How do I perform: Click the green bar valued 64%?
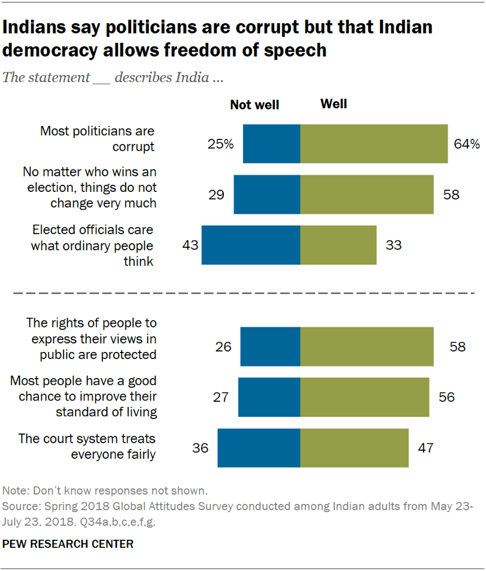[x=374, y=144]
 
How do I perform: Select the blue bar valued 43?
[x=251, y=245]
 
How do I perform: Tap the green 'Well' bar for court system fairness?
[x=354, y=448]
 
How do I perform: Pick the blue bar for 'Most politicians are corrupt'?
[x=271, y=144]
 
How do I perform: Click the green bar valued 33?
[x=338, y=245]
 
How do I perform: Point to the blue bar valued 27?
[x=269, y=397]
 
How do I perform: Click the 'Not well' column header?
[x=255, y=105]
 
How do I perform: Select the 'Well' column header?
[x=333, y=104]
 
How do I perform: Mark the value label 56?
[x=446, y=397]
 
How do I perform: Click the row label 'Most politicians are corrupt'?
[x=97, y=139]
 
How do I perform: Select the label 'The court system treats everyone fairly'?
[x=87, y=446]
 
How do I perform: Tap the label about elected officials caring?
[x=93, y=246]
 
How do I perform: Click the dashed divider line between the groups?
[x=243, y=294]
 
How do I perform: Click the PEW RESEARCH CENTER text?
[x=68, y=544]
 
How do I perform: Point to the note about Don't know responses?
[x=105, y=491]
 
